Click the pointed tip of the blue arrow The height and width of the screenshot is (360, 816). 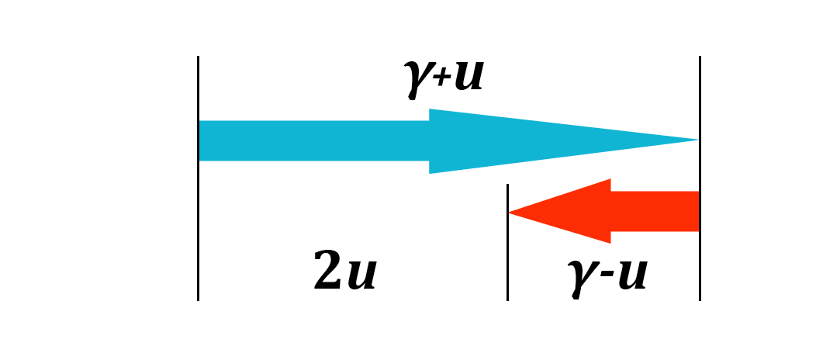(x=696, y=140)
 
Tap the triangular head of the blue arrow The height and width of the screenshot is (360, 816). (x=527, y=140)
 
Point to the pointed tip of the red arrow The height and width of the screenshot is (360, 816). (x=511, y=212)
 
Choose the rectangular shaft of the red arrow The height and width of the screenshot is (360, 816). (x=655, y=211)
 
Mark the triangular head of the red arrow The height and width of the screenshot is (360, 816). (x=574, y=211)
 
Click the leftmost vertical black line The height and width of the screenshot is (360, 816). (x=199, y=178)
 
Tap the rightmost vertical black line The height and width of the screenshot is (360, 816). (x=700, y=178)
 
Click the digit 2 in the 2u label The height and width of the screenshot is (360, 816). (x=329, y=272)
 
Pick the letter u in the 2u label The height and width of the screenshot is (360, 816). (x=361, y=275)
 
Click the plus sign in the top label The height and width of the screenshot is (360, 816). (x=440, y=81)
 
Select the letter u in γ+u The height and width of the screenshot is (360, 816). (x=468, y=77)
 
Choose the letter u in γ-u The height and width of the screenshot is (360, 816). (x=631, y=275)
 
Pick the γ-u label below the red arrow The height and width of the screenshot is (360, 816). (x=607, y=275)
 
